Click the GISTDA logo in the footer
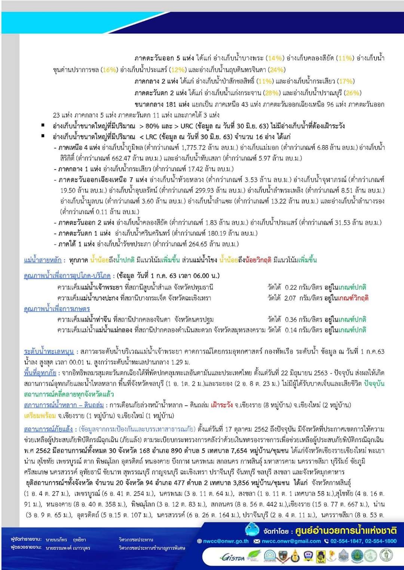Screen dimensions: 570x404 (232, 557)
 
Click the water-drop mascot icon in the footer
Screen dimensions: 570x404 (252, 530)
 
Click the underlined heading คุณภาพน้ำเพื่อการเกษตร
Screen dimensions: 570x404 (56, 309)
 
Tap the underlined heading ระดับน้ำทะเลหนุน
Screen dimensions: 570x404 (49, 351)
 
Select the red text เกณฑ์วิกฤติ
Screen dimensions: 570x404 (353, 298)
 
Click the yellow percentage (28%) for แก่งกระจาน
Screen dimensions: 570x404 (272, 93)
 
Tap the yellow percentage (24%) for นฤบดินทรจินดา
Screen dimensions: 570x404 (277, 70)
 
